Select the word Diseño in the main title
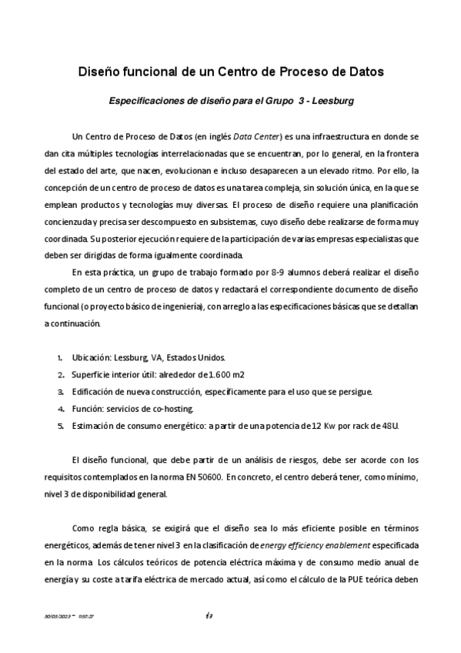click(101, 73)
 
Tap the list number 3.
click(60, 392)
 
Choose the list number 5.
click(60, 425)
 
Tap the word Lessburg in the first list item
click(132, 358)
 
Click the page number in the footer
click(209, 614)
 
